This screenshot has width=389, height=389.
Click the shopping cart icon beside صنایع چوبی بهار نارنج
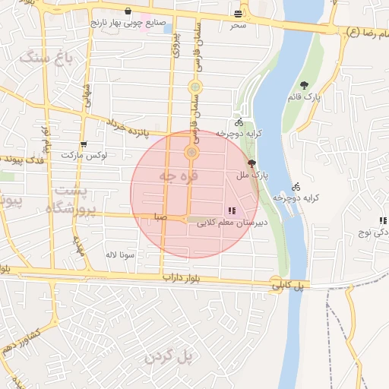[128, 11]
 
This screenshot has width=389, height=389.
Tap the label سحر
[239, 25]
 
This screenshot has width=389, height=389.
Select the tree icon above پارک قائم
[305, 86]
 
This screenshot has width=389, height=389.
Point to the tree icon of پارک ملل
[252, 163]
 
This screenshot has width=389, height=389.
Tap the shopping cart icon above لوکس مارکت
[83, 144]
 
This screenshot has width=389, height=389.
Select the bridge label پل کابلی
[289, 285]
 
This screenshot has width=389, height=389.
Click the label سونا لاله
[121, 255]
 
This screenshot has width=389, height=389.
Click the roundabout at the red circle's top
[191, 153]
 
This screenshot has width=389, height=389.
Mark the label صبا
[160, 217]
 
